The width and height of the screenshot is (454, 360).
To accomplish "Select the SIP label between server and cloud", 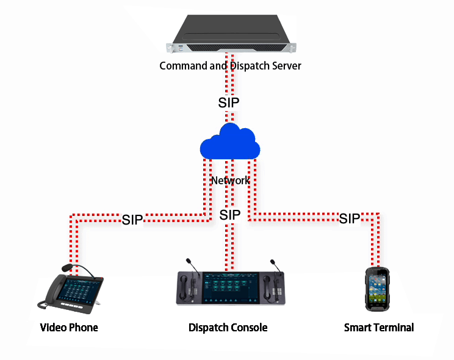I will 229,102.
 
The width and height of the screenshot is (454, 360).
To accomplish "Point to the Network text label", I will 230,181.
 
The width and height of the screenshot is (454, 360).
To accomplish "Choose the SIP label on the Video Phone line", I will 132,220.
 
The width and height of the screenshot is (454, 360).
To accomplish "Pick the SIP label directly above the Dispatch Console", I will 229,215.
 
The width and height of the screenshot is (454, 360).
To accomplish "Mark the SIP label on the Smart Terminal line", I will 349,218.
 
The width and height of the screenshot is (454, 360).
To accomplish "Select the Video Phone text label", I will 69,328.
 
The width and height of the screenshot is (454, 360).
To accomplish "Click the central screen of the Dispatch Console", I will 229,286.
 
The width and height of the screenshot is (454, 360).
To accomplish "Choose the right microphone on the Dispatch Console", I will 275,267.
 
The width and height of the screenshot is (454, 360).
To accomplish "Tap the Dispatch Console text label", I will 228,328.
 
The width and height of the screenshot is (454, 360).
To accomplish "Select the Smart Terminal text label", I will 378,328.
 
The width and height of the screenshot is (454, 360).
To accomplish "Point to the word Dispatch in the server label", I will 248,65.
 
